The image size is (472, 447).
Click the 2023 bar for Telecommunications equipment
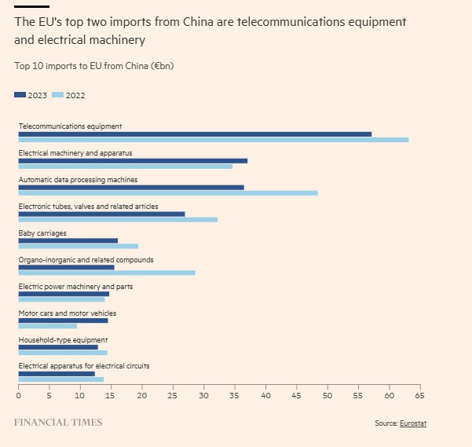pos(195,134)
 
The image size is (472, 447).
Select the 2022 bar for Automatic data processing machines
pos(168,192)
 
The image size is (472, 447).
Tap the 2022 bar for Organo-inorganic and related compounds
pos(107,273)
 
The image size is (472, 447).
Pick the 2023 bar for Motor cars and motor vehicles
pos(63,321)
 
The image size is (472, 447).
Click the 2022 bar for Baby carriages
pos(78,246)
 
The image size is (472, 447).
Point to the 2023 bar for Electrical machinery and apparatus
pos(133,160)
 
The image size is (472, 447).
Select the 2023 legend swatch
pos(20,95)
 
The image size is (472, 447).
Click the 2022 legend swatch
pos(57,95)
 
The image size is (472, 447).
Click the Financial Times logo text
pos(58,423)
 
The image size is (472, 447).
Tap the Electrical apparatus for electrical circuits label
pos(83,366)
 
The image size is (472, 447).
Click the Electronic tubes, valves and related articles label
pos(88,206)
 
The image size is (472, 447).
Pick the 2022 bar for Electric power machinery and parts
pos(61,299)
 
